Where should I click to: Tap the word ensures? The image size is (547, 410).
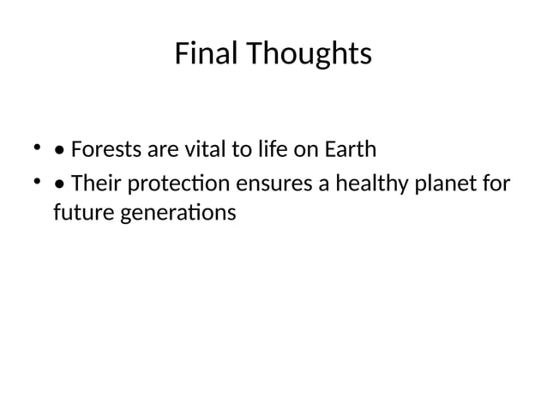point(276,184)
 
